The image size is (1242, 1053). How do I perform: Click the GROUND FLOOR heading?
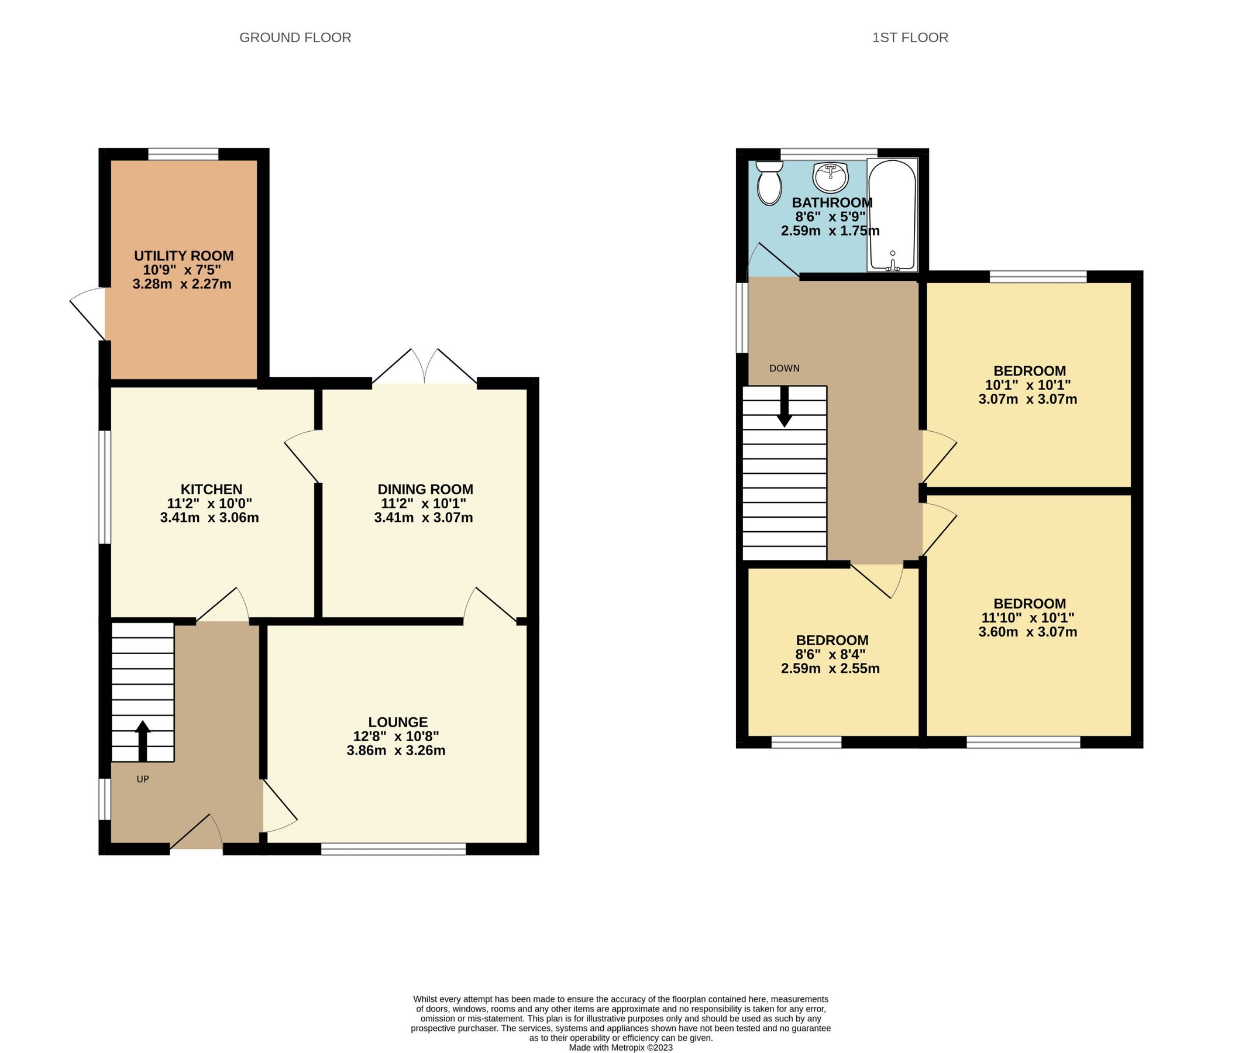(295, 37)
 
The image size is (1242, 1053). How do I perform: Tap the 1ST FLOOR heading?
(910, 37)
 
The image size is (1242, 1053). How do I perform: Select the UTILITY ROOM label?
(183, 256)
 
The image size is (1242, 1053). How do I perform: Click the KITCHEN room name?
(211, 490)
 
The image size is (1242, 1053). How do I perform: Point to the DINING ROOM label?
(425, 490)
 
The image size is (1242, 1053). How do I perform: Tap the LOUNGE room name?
(397, 722)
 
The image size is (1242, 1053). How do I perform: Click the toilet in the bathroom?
(769, 183)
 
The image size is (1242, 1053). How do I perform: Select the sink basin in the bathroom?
(830, 177)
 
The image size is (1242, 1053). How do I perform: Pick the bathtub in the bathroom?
(892, 215)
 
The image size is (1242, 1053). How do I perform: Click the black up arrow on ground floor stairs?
(143, 741)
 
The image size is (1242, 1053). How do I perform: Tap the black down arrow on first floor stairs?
(785, 407)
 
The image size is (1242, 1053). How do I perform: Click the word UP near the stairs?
(143, 779)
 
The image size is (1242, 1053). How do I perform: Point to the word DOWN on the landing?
(785, 369)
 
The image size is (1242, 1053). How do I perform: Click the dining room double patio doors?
(424, 367)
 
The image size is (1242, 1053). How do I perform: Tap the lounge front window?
(393, 849)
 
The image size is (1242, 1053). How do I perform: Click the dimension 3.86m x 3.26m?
(395, 751)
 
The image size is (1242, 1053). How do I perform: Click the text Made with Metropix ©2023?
(621, 1047)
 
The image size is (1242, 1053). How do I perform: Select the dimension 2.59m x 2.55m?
(830, 668)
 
